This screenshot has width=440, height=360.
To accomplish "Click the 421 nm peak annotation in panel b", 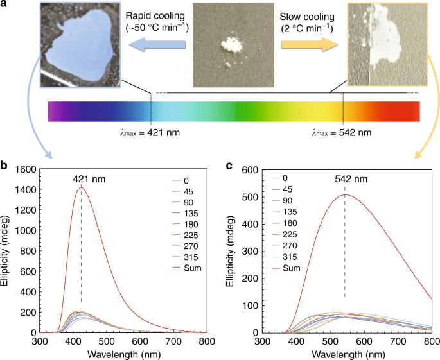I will tap(81, 179).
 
